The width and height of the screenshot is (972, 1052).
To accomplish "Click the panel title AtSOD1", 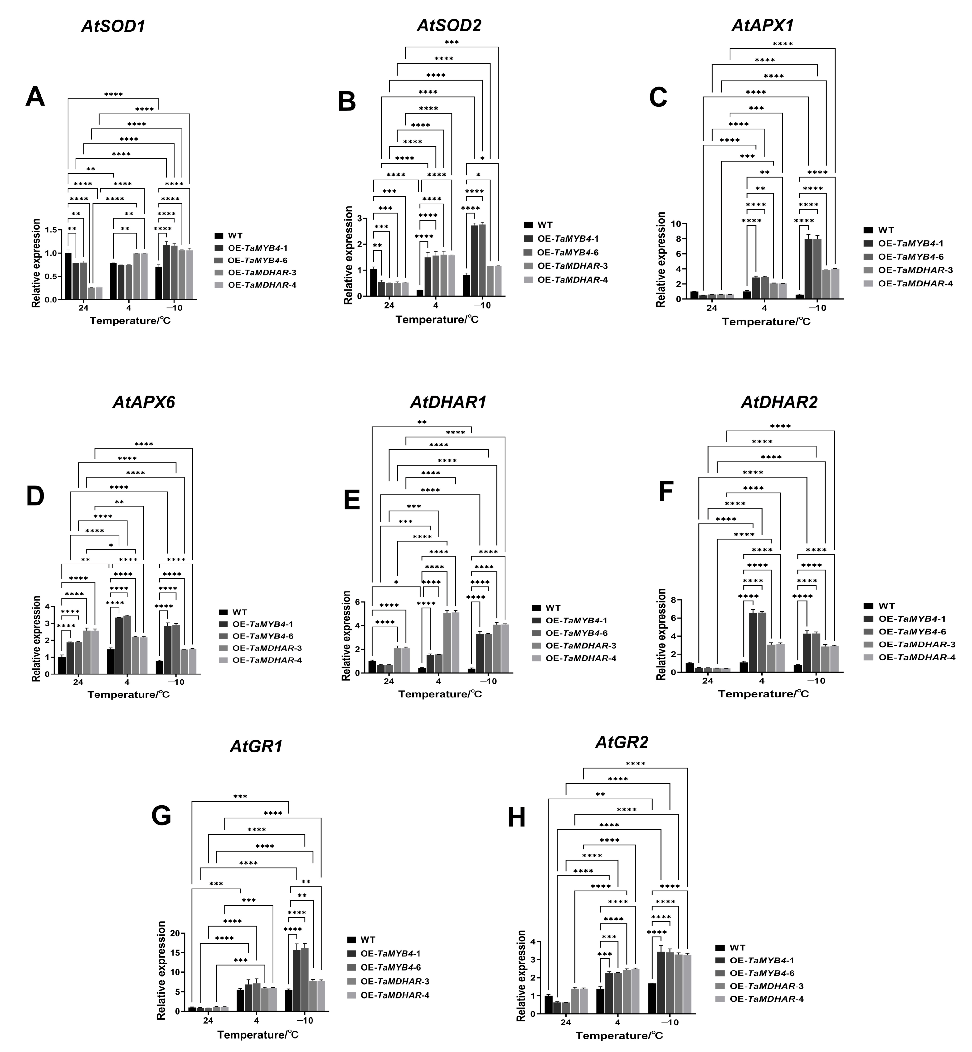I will pos(113,26).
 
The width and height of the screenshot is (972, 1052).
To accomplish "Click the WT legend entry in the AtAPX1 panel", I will pos(886,230).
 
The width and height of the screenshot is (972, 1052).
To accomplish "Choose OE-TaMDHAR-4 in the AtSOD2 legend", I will pos(572,280).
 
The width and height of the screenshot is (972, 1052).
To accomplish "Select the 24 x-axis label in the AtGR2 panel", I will pos(565,1023).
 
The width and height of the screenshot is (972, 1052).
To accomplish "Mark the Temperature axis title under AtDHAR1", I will pos(440,694).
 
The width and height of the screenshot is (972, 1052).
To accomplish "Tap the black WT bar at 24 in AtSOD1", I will pos(68,276).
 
